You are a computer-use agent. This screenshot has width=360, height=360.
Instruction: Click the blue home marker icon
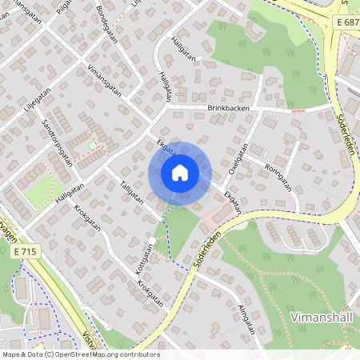pos(180,173)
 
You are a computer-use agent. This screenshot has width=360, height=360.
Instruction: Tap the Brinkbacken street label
pos(229,107)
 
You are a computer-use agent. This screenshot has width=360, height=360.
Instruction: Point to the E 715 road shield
pos(24,250)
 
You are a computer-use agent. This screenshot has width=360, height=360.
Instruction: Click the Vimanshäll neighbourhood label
pos(324,315)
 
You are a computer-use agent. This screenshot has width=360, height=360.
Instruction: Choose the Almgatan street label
pos(245,318)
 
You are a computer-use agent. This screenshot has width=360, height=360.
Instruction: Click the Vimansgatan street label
pos(104,80)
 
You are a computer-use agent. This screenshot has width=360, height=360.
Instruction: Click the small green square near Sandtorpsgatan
pos(92,145)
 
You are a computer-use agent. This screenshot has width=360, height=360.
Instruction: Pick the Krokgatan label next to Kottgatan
pos(150,294)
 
